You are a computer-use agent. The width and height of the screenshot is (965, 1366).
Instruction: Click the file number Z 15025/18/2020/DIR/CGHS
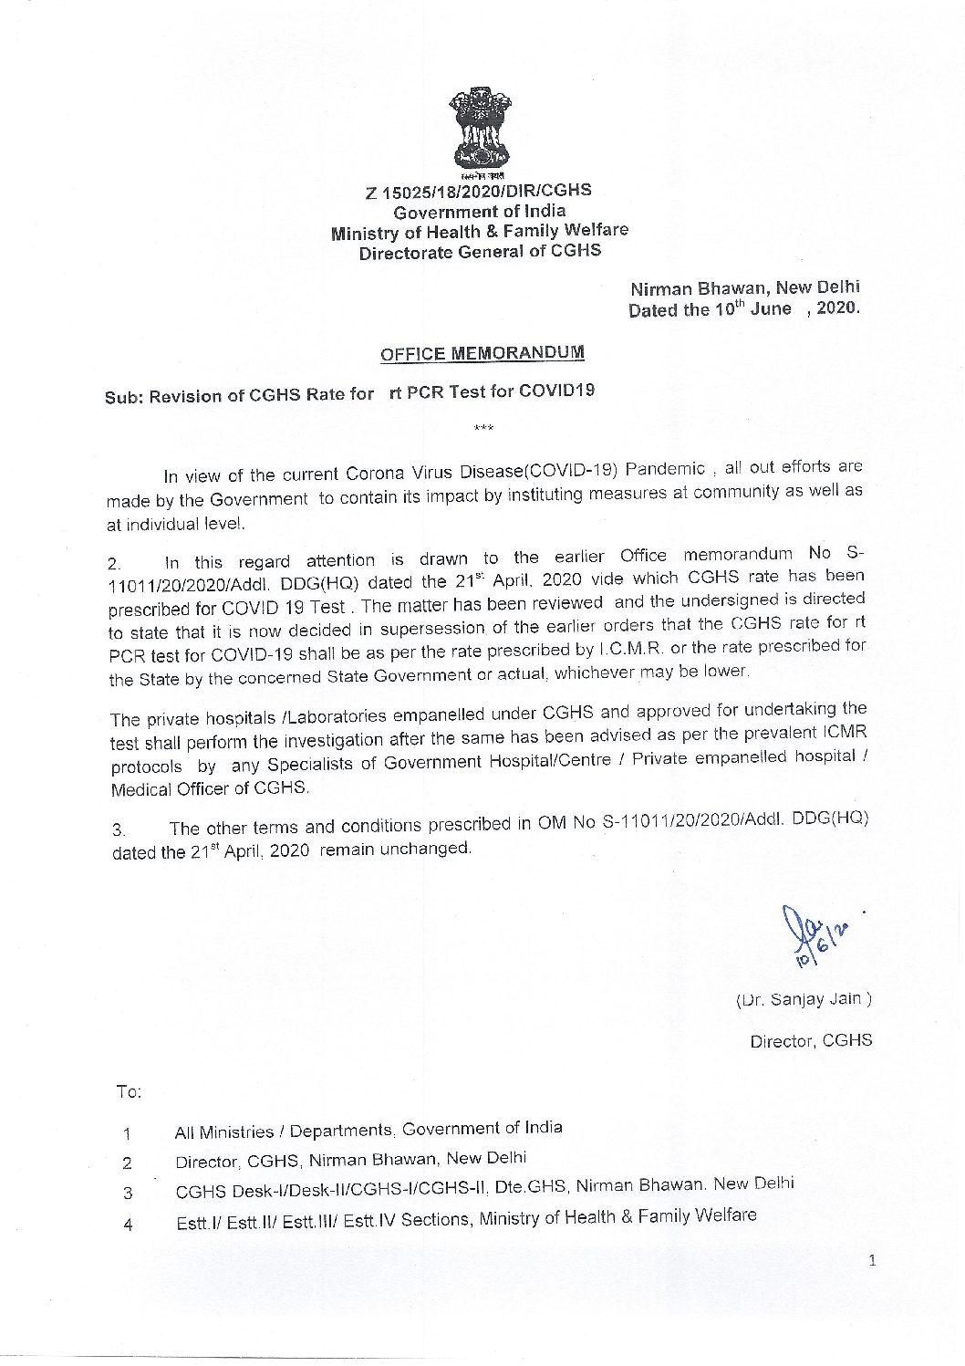coord(478,192)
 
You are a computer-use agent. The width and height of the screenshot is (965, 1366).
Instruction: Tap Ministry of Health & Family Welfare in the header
coord(479,232)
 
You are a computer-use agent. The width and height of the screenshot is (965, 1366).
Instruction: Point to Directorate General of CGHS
coord(480,252)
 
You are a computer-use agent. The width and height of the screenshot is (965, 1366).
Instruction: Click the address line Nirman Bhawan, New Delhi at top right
coord(745,289)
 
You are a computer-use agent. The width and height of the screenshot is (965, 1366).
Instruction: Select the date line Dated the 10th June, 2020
coord(743,309)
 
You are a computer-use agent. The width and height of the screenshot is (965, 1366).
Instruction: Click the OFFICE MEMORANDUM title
coord(482,353)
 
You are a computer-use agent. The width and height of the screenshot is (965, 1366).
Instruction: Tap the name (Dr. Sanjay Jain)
coord(804,999)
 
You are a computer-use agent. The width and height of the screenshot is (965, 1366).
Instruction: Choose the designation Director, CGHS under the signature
coord(811,1040)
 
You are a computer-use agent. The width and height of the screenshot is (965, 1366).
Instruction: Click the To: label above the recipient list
coord(129,1091)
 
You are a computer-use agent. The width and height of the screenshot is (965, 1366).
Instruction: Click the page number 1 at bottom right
coord(872,1262)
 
